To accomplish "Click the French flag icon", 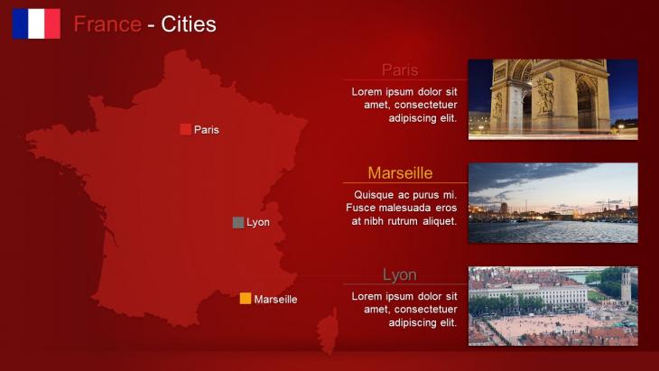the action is point(36,23).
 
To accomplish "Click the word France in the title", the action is point(107,24).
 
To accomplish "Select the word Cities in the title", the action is point(189,24).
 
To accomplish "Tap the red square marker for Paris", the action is point(186,129).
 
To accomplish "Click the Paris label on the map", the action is point(207,130).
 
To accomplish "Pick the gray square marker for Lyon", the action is point(238,222).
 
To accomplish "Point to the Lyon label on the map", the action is point(258,222).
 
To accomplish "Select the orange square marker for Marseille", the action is point(246,298).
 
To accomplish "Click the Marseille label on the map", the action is point(275,299).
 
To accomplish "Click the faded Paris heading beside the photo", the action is point(400,70).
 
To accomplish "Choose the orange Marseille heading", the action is point(400,172).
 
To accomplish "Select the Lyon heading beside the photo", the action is point(400,274).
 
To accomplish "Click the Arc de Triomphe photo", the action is point(553,99).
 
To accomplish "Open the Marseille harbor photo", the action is point(553,202).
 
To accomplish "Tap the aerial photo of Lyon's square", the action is point(553,306).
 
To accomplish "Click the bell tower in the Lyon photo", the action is point(626,286).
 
